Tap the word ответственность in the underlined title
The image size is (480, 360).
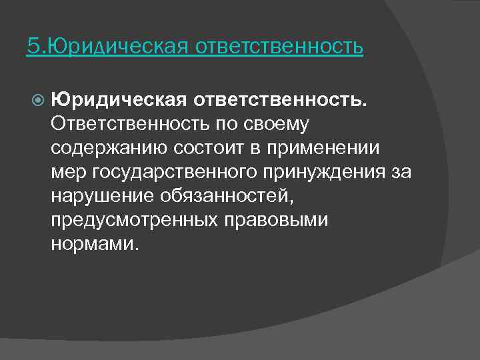(x=279, y=47)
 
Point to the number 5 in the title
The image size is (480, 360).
(x=32, y=47)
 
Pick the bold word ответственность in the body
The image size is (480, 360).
(x=279, y=100)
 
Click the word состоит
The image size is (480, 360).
(x=191, y=148)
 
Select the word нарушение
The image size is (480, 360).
(x=101, y=196)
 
